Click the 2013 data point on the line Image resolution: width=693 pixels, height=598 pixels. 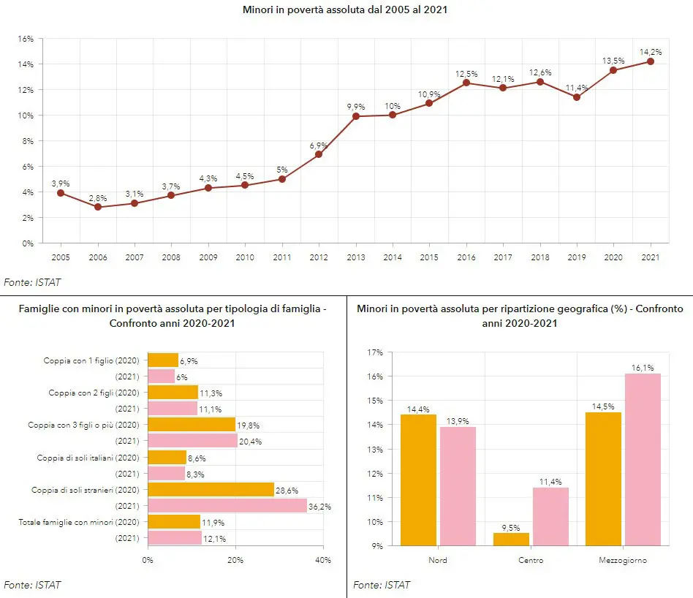[356, 116]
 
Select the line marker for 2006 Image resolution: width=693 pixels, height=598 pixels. [98, 207]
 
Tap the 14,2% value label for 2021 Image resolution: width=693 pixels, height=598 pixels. [650, 52]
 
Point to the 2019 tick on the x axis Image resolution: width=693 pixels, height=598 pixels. [576, 257]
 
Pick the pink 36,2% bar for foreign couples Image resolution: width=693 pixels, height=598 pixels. [227, 505]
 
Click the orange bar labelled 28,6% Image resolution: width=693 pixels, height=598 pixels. [211, 489]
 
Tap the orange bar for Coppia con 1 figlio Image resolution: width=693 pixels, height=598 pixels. [163, 360]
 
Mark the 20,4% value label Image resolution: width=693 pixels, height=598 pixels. [251, 442]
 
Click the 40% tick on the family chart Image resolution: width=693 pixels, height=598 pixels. [322, 560]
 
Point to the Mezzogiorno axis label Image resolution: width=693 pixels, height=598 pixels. [622, 561]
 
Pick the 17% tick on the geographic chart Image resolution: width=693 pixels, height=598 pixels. [374, 352]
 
